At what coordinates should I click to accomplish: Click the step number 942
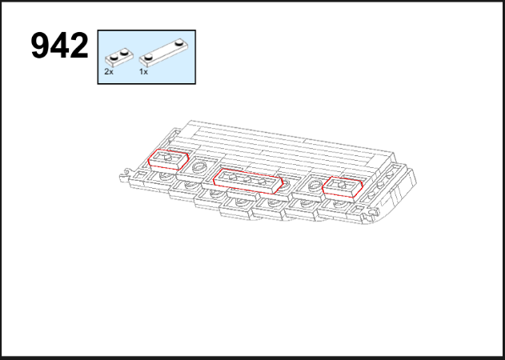(59, 46)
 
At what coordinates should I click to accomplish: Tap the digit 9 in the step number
(40, 46)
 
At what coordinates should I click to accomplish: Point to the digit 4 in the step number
(59, 46)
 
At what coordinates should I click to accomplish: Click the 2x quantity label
(109, 71)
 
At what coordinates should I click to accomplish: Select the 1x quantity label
(143, 71)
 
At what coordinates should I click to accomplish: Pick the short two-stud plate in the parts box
(119, 57)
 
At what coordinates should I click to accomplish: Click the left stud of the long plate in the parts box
(149, 58)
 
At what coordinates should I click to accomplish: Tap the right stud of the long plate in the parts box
(179, 42)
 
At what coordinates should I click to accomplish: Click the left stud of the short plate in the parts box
(114, 58)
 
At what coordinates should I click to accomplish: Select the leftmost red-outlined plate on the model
(168, 159)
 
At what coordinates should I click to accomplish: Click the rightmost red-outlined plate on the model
(343, 186)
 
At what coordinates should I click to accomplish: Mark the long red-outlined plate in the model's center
(247, 182)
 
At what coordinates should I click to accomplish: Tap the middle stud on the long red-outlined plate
(246, 179)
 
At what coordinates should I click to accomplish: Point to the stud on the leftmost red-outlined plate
(168, 157)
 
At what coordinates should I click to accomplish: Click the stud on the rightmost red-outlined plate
(342, 185)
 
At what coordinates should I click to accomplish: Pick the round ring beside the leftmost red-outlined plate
(198, 167)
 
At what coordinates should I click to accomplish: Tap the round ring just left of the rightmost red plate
(315, 185)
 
